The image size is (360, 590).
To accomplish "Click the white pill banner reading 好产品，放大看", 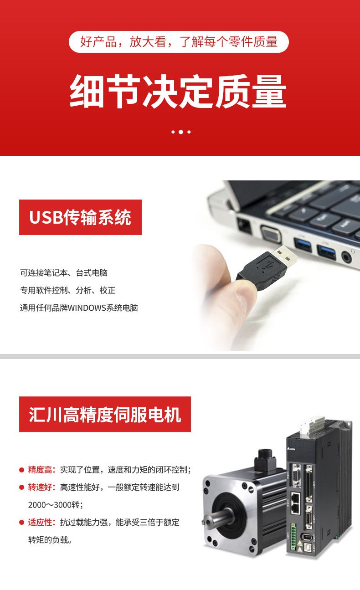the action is click(x=179, y=42).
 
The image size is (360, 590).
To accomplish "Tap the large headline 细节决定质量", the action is click(x=178, y=91).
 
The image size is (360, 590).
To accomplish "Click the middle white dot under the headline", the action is click(x=181, y=132).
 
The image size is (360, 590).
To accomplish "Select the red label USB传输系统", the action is click(x=80, y=217).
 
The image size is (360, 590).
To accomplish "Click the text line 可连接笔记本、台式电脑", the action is click(x=64, y=273).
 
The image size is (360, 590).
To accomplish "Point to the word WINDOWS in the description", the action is click(x=87, y=308).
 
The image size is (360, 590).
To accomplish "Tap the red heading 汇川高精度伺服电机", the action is click(x=105, y=414).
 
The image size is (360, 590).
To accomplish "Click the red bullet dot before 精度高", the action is click(x=21, y=470).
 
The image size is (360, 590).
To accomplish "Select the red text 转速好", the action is click(x=40, y=487).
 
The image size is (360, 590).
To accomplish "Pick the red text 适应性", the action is click(x=40, y=522).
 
